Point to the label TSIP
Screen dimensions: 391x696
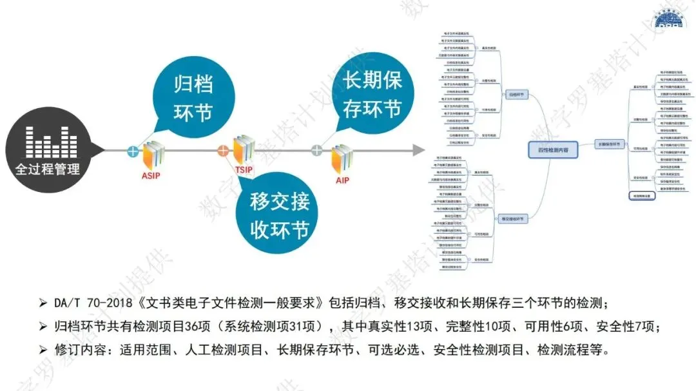pos(244,171)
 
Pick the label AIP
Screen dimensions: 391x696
pos(342,180)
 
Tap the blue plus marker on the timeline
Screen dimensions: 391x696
pos(133,152)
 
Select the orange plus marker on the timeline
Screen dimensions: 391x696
pos(223,151)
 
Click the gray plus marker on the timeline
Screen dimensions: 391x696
pos(317,151)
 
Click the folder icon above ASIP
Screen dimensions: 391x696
pos(153,155)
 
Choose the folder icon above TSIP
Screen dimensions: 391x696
pos(243,150)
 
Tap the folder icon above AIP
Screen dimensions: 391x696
pos(342,160)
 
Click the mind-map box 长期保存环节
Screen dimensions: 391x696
pos(608,144)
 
